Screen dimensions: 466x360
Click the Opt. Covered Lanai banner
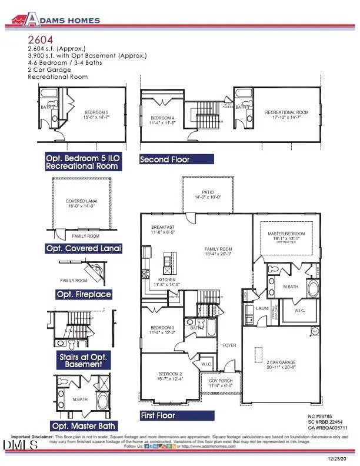point(84,249)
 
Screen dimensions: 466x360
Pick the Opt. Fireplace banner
point(84,294)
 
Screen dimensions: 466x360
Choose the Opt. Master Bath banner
point(84,426)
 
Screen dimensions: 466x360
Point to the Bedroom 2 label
point(169,374)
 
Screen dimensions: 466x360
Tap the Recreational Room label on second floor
point(286,112)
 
